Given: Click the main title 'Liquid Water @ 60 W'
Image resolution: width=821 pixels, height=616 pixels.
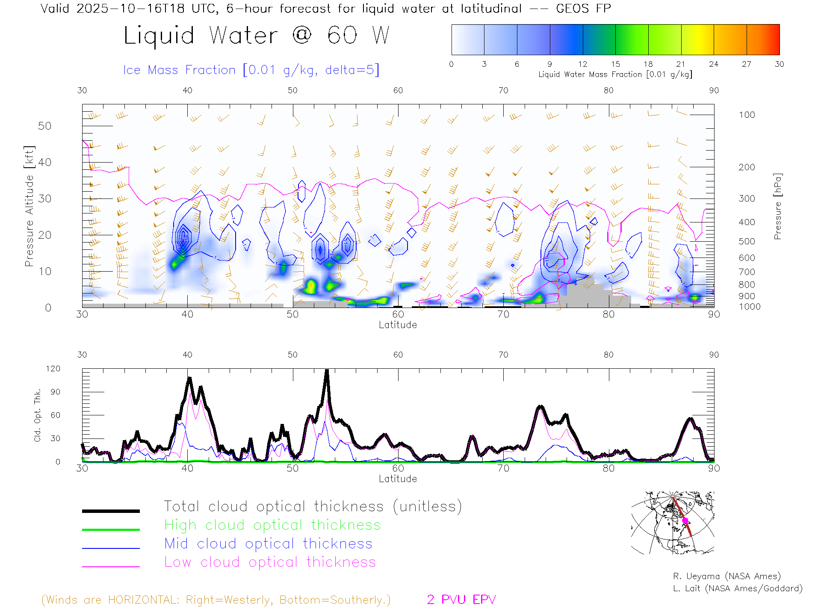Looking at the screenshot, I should [257, 36].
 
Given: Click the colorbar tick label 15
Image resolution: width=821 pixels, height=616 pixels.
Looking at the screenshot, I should [615, 64].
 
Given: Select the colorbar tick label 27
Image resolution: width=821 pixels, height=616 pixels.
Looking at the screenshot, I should [747, 64].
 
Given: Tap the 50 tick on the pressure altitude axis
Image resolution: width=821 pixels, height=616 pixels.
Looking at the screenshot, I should [44, 126].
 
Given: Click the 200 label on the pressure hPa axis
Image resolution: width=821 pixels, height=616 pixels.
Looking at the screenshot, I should [747, 167].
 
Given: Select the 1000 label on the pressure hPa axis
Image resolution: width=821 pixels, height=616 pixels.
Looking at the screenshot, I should [749, 307].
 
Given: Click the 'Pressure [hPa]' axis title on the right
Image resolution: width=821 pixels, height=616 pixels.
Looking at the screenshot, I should [777, 206].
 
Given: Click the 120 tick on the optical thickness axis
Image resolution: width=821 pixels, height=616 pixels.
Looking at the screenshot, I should [53, 369].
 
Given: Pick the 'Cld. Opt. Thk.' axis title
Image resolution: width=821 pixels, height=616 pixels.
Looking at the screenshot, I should [38, 415].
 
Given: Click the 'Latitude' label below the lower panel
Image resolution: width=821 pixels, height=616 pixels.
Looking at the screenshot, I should [398, 479].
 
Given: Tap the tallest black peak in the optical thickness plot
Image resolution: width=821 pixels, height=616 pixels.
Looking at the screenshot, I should [327, 371].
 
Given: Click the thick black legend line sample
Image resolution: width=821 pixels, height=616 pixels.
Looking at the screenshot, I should [111, 511].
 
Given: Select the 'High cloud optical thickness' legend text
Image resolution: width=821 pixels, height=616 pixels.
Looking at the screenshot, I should [272, 525].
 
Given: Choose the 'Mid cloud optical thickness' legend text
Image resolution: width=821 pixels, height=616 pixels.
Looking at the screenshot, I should [268, 544].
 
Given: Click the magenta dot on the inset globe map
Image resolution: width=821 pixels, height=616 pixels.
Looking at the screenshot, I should [685, 521].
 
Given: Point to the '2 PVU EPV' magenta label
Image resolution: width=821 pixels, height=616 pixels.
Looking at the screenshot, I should [461, 600].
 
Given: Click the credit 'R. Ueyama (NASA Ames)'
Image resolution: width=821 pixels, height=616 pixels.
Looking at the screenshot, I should [726, 576].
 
